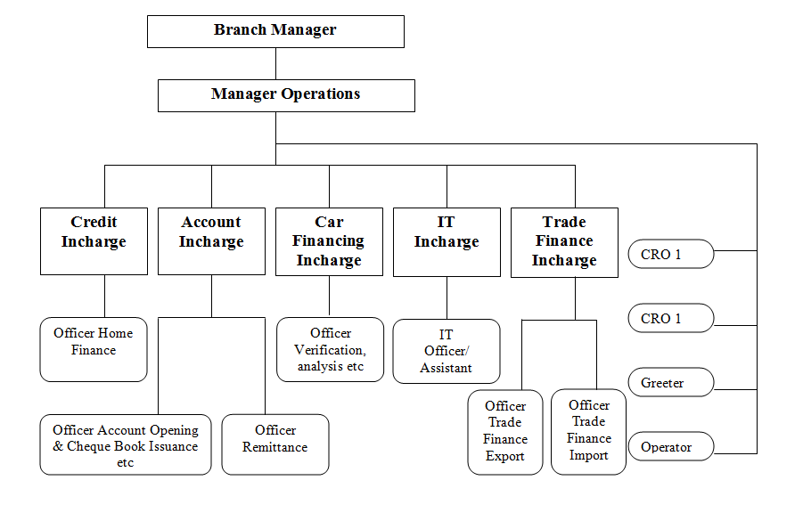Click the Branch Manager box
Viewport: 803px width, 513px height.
275,31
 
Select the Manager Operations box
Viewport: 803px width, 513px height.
286,95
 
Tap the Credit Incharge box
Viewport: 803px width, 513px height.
94,241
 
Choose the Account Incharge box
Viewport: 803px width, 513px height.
211,241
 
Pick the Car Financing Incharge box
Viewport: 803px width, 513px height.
329,241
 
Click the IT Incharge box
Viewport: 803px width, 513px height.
447,241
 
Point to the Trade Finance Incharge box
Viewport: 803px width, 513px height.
564,241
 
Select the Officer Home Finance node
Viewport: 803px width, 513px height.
94,349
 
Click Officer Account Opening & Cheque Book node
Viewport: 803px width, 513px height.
126,444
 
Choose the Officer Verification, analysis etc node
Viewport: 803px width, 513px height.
330,349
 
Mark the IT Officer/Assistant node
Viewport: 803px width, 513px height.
447,351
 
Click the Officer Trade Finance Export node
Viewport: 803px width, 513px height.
505,432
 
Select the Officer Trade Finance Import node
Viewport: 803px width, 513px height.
589,431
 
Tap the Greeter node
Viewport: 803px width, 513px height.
671,383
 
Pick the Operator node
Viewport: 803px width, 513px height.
671,447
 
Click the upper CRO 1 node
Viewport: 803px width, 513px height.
671,255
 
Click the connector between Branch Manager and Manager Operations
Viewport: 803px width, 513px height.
275,63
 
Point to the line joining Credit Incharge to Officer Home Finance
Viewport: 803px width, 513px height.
105,296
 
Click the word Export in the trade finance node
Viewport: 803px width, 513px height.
505,457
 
